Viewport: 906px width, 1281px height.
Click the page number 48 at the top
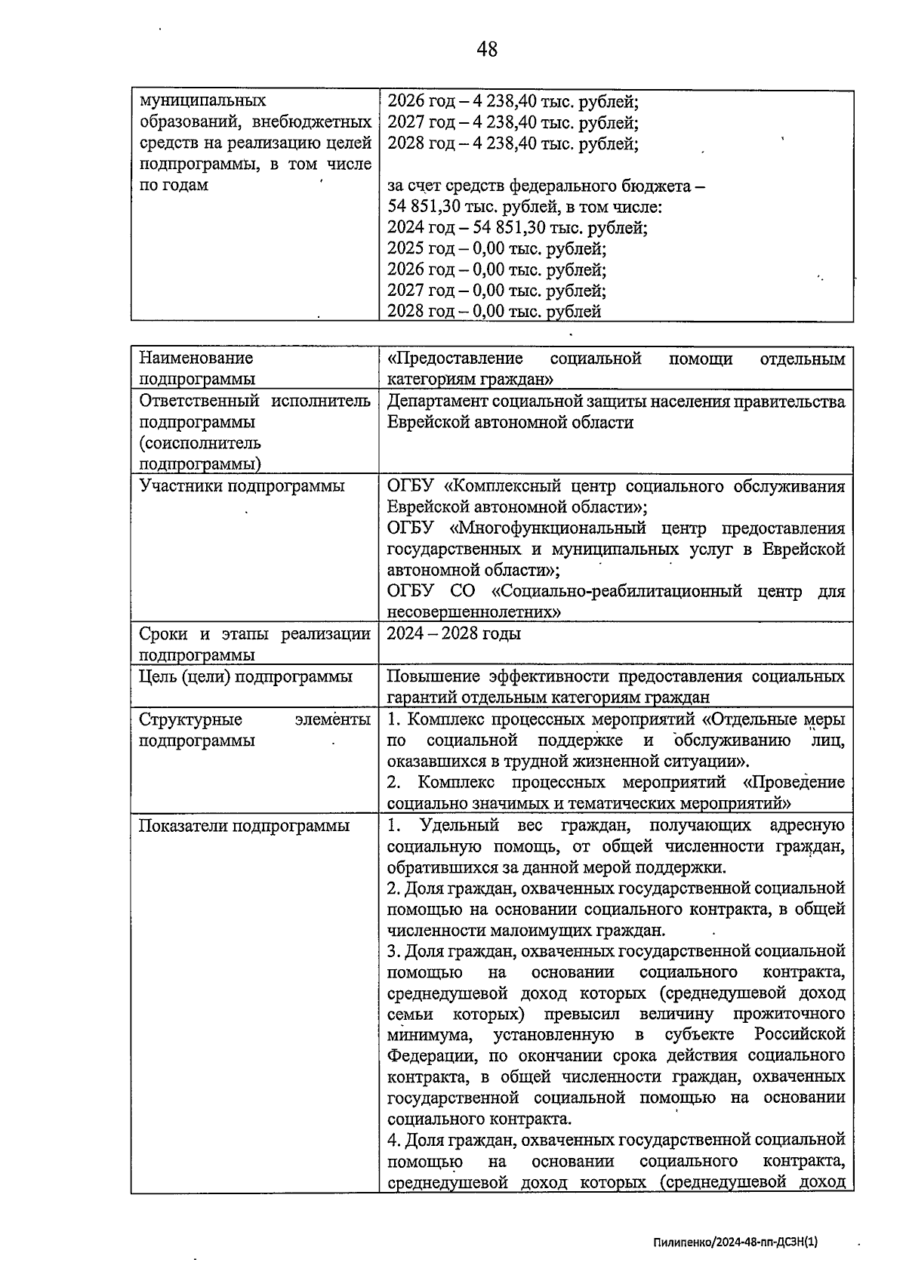click(x=487, y=49)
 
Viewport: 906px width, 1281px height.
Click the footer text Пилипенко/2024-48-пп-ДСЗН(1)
click(x=735, y=1240)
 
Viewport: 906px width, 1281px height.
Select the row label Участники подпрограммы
click(x=242, y=486)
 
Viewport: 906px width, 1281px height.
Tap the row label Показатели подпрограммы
click(x=244, y=826)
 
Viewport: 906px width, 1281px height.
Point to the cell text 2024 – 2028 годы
click(x=454, y=633)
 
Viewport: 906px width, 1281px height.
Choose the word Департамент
click(x=436, y=402)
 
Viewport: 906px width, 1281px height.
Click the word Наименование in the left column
click(x=196, y=358)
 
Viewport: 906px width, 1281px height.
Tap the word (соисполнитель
click(x=200, y=443)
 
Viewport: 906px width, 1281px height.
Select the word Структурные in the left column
click(x=190, y=719)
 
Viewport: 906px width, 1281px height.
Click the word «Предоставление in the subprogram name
click(x=455, y=358)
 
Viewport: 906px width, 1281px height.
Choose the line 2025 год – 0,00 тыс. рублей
click(x=496, y=248)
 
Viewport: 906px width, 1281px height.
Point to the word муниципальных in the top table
click(x=203, y=100)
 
